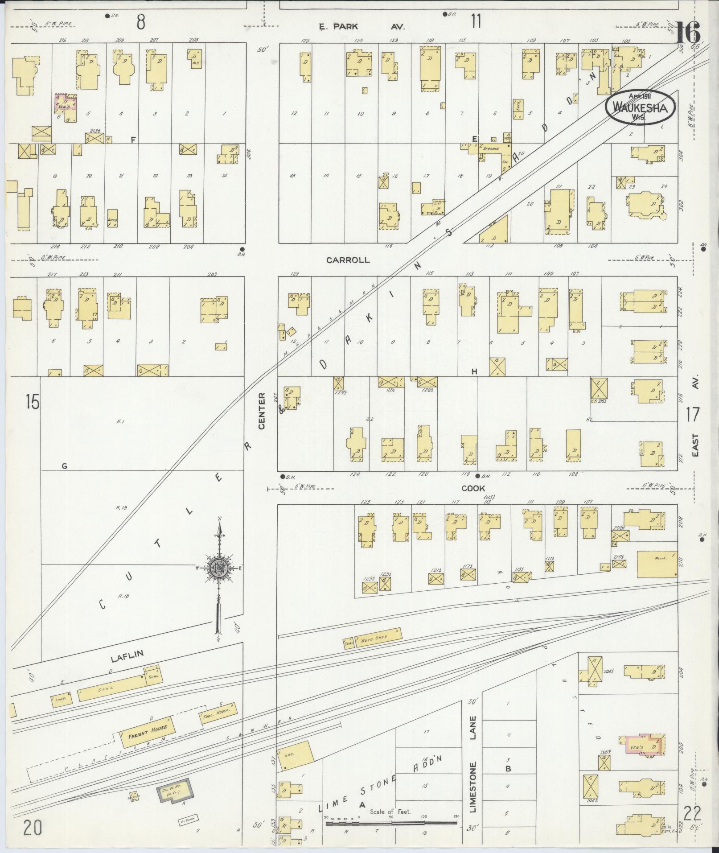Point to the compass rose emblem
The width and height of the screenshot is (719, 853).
click(219, 568)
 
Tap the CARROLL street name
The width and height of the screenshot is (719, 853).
click(348, 260)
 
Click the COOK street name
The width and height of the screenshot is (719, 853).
click(473, 488)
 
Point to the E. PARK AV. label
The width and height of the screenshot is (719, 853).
click(361, 27)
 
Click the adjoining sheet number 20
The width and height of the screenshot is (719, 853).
click(33, 828)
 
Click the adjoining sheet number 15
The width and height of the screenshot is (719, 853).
click(33, 402)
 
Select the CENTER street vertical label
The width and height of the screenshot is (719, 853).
click(262, 411)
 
